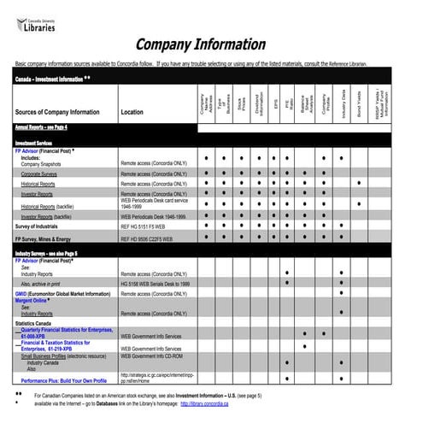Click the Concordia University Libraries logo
click(x=36, y=22)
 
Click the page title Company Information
click(x=201, y=44)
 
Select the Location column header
click(x=132, y=113)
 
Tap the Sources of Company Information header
click(x=57, y=113)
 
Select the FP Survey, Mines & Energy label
click(x=53, y=239)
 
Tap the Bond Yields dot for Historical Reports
click(x=359, y=184)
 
